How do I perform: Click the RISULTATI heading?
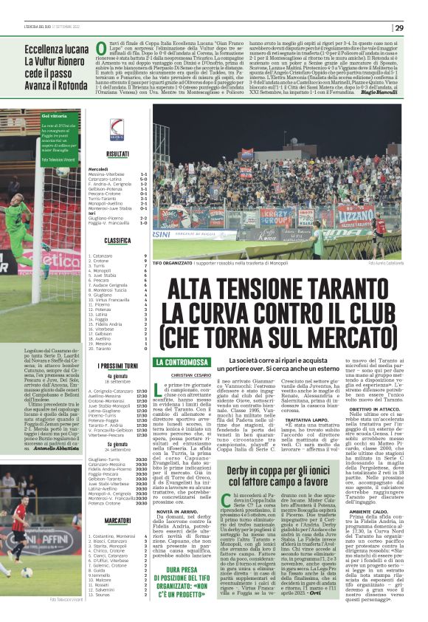[117, 154]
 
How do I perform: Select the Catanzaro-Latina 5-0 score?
[119, 179]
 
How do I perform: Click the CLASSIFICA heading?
[117, 241]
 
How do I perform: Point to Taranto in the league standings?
[102, 348]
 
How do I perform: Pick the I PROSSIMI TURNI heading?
[117, 366]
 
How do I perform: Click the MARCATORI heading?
[117, 521]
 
